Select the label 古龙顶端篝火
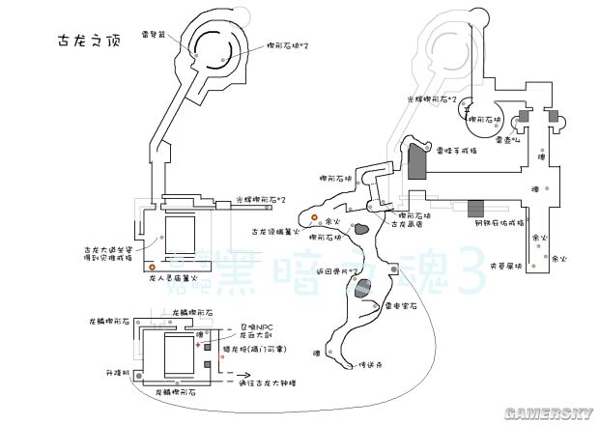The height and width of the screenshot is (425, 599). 271,232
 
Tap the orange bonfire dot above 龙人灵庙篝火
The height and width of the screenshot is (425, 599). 151,265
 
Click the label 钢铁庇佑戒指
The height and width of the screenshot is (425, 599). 498,222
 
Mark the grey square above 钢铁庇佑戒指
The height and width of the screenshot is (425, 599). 475,208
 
